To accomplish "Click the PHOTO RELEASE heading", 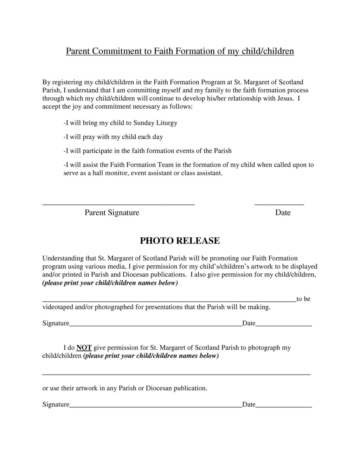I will click(180, 241).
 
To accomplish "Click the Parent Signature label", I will click(112, 212).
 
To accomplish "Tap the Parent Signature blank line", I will click(118, 204).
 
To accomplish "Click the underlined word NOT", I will click(84, 347).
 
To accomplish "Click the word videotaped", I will click(58, 307).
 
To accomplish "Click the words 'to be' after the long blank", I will click(303, 299).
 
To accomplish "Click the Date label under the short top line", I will click(283, 212).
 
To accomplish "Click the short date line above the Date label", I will click(279, 204).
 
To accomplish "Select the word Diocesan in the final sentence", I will click(159, 388).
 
